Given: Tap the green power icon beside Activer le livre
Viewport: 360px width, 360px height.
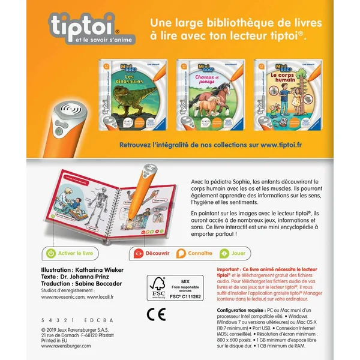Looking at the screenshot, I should click(51, 254).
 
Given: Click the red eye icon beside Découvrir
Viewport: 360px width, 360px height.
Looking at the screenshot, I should click(139, 254).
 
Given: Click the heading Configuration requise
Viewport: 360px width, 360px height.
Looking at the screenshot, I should click(244, 311).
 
